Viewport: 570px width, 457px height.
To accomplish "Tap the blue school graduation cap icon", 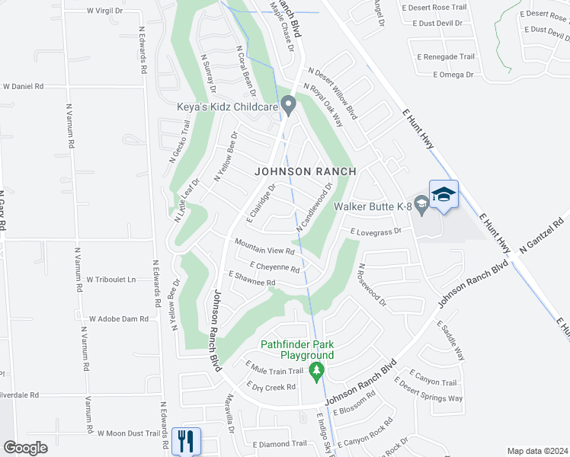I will click(x=443, y=195).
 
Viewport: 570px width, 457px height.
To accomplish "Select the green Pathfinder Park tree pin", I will click(x=317, y=372).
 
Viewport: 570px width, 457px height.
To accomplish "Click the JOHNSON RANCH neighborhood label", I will click(x=305, y=171).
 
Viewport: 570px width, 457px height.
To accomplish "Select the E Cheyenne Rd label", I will click(x=268, y=267).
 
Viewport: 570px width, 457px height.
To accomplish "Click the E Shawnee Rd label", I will click(x=251, y=279).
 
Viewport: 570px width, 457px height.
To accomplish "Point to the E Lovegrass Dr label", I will click(x=376, y=231).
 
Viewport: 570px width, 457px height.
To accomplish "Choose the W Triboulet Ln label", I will click(x=110, y=280).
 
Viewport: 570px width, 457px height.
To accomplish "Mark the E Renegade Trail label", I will click(x=446, y=57).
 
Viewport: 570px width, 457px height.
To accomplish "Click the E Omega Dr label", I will click(x=453, y=75).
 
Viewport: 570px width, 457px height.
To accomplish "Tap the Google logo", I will click(x=26, y=448).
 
